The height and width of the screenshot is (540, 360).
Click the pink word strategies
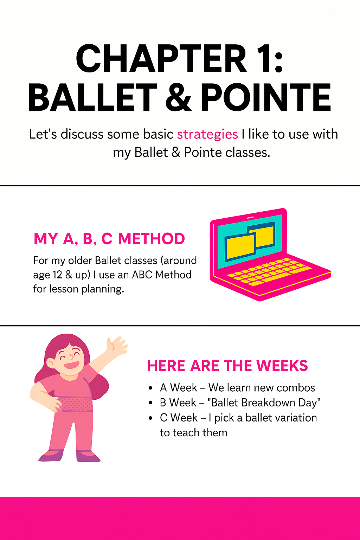click(207, 135)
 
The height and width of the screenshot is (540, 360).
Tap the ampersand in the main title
click(179, 97)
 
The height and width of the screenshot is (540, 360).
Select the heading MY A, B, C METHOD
click(109, 239)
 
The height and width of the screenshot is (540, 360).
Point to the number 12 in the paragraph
click(57, 275)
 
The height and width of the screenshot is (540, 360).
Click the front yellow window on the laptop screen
click(240, 247)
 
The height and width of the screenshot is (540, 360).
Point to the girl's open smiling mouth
click(72, 365)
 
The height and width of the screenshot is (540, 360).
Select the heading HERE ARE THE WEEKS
click(227, 366)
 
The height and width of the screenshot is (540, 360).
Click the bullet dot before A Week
click(151, 388)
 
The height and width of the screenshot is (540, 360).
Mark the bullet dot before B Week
click(151, 403)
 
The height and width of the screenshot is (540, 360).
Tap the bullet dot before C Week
click(151, 418)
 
